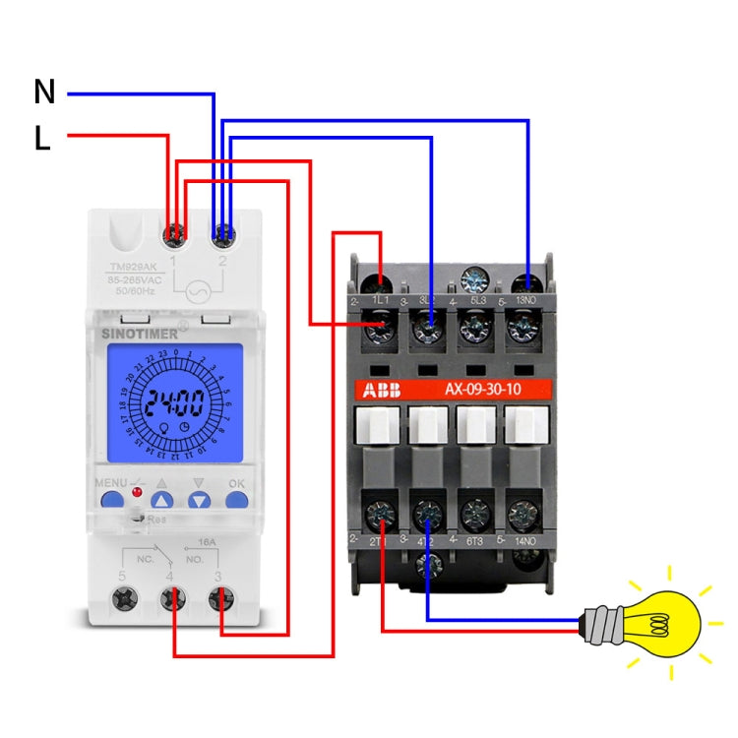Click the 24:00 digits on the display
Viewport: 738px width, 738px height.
tap(175, 402)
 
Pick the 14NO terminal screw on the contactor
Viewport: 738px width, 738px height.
tap(524, 514)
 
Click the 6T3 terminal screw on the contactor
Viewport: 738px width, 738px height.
tap(476, 514)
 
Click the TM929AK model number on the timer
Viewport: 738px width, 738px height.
tap(133, 268)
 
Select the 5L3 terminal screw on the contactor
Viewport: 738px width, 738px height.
tap(476, 327)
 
